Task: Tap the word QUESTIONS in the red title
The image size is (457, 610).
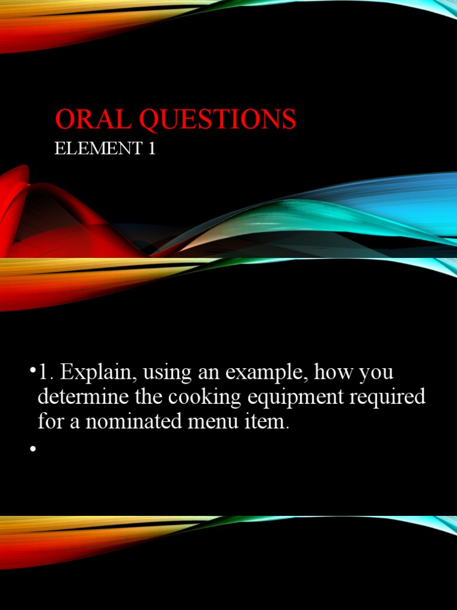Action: [217, 119]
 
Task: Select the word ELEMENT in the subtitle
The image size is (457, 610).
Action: [95, 148]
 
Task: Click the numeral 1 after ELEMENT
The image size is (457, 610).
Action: [151, 148]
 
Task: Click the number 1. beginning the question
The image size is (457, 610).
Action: [46, 374]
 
